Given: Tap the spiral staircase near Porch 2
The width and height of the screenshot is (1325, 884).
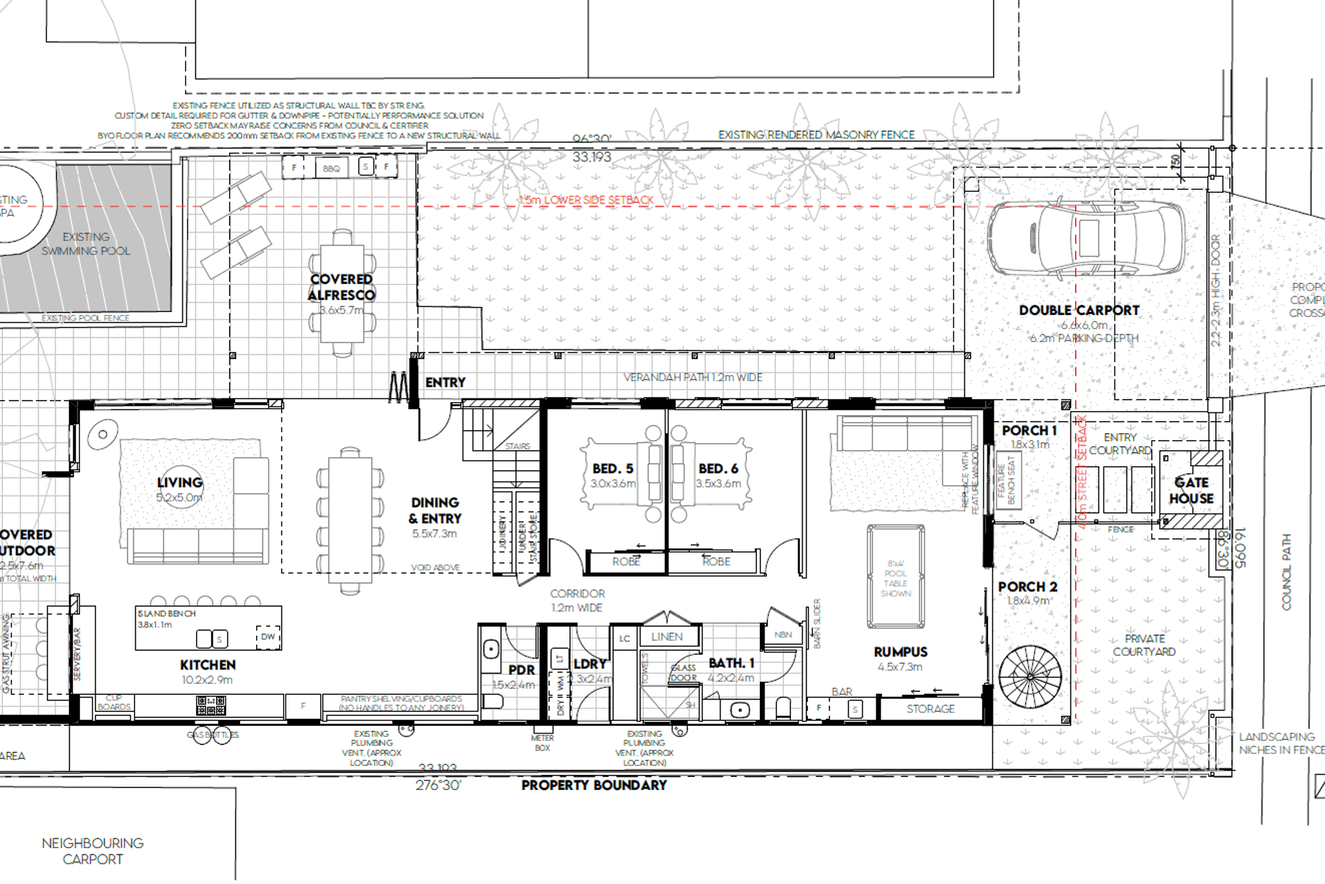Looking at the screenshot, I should (x=1030, y=677).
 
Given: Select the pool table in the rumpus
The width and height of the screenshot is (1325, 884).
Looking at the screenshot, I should (x=896, y=576).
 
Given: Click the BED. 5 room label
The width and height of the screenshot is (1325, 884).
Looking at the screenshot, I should (x=612, y=469).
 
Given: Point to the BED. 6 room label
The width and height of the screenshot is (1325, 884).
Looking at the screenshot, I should (x=718, y=469).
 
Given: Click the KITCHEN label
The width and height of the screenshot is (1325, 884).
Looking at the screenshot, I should (x=208, y=665).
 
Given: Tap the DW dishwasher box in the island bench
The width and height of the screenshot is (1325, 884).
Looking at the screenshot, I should (x=268, y=637).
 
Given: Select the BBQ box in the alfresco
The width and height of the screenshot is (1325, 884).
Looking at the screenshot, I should (x=331, y=169).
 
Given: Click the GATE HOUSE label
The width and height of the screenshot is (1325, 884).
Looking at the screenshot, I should (x=1191, y=490).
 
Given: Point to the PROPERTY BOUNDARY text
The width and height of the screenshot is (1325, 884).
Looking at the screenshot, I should (x=593, y=785).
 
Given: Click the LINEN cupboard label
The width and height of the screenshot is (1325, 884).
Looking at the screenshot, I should (x=667, y=637).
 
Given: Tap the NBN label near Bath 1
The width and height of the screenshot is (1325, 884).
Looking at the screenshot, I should (x=783, y=635).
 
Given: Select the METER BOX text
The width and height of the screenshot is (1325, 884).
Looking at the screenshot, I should (x=542, y=743).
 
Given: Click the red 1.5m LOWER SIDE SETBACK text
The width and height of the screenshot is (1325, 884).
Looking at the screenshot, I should (x=586, y=200).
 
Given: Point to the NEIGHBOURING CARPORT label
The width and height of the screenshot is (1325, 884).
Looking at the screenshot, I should (x=92, y=851).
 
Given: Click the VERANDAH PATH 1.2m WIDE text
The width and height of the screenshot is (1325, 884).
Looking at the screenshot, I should (x=693, y=378).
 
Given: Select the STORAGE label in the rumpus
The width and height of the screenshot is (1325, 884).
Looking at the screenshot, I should (x=930, y=709).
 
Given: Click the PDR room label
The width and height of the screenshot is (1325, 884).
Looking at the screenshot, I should (x=521, y=670).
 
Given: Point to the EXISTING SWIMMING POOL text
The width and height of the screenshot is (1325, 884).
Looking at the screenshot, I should (x=86, y=244).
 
